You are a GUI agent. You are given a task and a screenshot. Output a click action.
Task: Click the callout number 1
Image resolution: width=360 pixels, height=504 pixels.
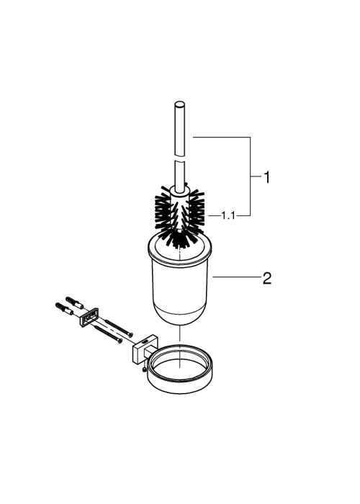(x=267, y=177)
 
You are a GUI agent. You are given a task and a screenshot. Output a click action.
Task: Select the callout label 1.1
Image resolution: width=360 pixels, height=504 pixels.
(x=228, y=216)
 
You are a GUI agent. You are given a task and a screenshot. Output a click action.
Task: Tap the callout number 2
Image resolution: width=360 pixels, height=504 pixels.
(x=267, y=279)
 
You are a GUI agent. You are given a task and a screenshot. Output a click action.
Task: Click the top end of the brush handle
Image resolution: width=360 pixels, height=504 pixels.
(x=179, y=104)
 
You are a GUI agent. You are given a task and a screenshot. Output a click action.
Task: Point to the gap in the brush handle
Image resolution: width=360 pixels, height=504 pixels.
(x=180, y=158)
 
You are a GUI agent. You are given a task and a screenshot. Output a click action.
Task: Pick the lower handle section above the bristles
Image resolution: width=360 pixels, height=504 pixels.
(x=180, y=174)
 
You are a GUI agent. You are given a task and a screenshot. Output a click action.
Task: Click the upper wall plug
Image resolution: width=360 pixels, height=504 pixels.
(x=75, y=302)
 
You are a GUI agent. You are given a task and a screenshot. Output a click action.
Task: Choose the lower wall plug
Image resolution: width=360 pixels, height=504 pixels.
(x=64, y=309)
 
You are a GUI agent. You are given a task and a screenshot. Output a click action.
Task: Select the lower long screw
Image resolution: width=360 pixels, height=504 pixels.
(x=109, y=334)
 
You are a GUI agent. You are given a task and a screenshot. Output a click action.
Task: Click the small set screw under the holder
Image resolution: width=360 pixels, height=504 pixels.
(x=145, y=370)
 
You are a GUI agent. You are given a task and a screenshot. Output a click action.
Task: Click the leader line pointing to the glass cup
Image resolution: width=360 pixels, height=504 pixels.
(x=237, y=276)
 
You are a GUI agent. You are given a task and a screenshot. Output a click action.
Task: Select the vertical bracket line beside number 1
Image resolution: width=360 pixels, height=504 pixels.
(x=250, y=176)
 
